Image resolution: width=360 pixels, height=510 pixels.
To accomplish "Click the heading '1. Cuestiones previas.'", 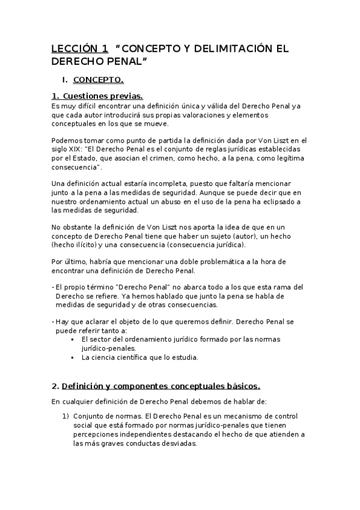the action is (x=97, y=96).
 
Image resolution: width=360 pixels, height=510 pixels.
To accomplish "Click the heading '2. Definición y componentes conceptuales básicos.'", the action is (x=156, y=386).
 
